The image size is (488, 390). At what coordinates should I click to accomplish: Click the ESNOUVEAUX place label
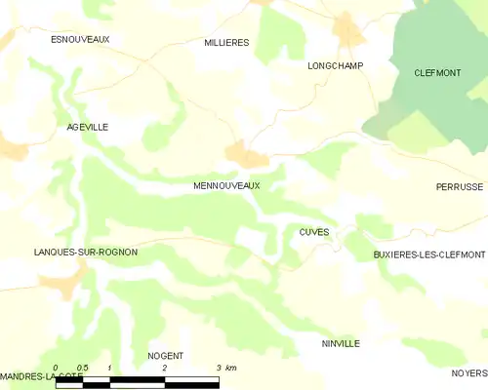80,39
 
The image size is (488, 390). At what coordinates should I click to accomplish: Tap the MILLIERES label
226,43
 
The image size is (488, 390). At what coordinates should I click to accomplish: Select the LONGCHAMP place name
335,65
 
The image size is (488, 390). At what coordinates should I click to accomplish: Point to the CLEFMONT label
437,72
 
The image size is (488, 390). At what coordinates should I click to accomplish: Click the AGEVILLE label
87,128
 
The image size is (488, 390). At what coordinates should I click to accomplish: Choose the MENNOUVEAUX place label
226,184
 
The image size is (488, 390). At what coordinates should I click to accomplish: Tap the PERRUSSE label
460,186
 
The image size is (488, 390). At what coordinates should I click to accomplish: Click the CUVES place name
313,232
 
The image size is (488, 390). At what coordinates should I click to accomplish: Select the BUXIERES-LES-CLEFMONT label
429,254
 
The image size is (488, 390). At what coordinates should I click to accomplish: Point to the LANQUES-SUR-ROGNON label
85,252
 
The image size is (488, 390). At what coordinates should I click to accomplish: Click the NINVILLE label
341,344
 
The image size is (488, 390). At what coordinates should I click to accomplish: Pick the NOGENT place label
165,356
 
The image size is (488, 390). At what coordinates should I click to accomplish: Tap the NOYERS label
469,373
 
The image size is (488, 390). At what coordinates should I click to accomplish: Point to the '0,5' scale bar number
82,368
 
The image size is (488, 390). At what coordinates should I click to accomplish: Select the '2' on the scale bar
165,368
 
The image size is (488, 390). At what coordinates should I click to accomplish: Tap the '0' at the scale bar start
57,368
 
